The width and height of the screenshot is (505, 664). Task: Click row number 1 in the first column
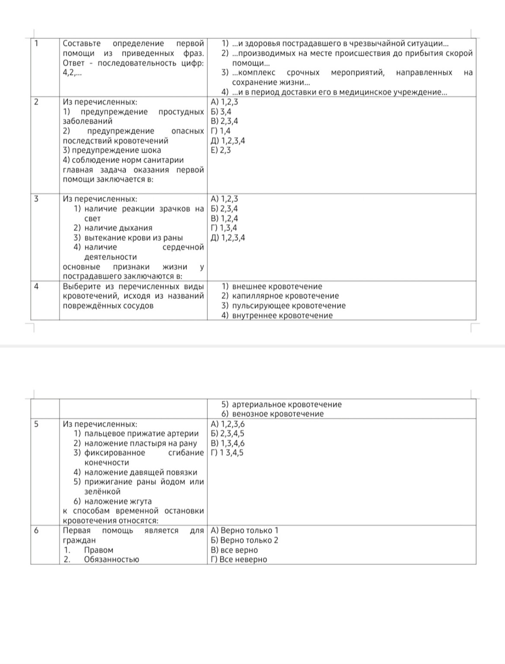[x=36, y=43]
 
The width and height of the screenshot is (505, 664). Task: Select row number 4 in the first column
[x=36, y=286]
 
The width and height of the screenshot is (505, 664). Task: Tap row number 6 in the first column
[x=36, y=530]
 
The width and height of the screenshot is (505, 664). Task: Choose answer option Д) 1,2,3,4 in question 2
[x=228, y=140]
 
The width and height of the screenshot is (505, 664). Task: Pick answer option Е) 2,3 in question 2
[x=221, y=150]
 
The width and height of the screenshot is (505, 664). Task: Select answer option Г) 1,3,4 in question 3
[x=224, y=228]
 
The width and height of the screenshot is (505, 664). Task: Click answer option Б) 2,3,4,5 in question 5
[x=227, y=433]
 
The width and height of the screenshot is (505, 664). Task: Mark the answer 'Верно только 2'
[x=245, y=540]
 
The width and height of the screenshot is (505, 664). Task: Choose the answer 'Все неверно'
[x=239, y=559]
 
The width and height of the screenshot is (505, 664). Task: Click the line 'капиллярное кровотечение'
[x=285, y=296]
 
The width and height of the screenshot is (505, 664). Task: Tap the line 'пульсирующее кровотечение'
[x=289, y=306]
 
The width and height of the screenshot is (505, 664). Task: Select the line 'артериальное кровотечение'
[x=286, y=404]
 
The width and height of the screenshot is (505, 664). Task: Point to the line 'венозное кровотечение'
[x=278, y=414]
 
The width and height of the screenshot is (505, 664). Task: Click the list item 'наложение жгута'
[x=118, y=501]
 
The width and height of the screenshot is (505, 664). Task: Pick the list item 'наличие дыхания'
[x=118, y=228]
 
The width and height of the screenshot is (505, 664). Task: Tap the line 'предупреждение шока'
[x=112, y=150]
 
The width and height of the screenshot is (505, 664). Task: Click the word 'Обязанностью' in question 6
[x=111, y=559]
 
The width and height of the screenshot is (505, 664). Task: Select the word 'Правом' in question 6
[x=98, y=550]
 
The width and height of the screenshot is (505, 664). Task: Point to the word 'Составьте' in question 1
[x=82, y=43]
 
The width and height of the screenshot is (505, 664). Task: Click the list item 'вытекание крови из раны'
[x=133, y=237]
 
